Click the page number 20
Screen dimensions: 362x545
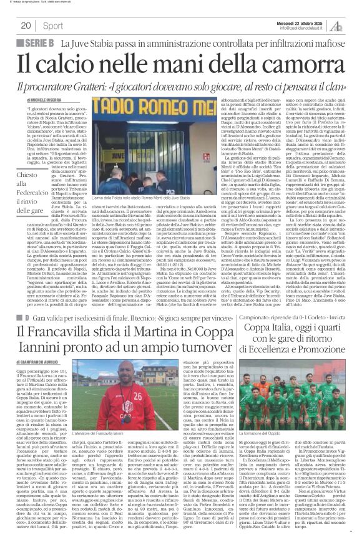coord(26,26)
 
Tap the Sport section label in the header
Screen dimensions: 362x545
coord(53,26)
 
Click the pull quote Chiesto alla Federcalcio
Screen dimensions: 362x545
coord(27,185)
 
